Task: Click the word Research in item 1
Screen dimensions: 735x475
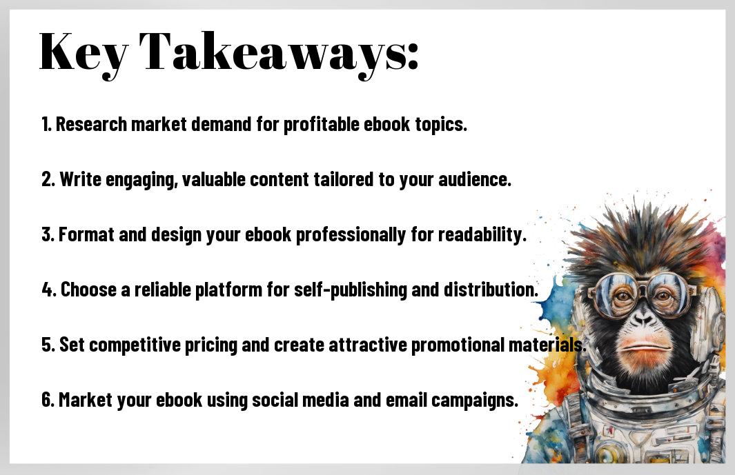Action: [91, 124]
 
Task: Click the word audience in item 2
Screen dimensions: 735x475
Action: [474, 179]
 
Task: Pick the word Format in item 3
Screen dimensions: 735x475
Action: [86, 234]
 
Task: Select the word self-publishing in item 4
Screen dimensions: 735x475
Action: [351, 290]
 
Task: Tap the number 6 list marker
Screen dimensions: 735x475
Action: [48, 400]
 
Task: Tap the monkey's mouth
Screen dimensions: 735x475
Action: [643, 347]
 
